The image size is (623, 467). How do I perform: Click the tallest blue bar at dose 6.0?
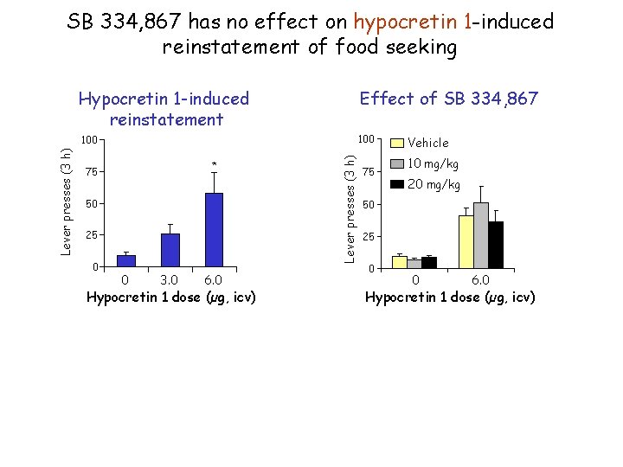pyautogui.click(x=214, y=229)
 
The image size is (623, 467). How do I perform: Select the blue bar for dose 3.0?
pyautogui.click(x=170, y=250)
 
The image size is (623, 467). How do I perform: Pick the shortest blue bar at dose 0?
pyautogui.click(x=126, y=260)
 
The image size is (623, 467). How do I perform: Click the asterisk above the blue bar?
pyautogui.click(x=214, y=163)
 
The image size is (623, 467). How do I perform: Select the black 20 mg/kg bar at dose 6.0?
pyautogui.click(x=495, y=245)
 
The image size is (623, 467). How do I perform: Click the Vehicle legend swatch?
pyautogui.click(x=396, y=143)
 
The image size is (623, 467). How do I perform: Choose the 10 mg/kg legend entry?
pyautogui.click(x=432, y=163)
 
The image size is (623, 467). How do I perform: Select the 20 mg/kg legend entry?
pyautogui.click(x=432, y=184)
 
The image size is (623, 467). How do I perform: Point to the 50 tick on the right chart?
pyautogui.click(x=369, y=205)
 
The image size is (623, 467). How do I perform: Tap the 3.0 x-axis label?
pyautogui.click(x=170, y=280)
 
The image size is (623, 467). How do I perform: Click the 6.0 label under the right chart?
pyautogui.click(x=480, y=280)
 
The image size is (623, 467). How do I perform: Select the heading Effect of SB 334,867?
pyautogui.click(x=448, y=99)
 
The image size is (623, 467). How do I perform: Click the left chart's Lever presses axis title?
pyautogui.click(x=67, y=200)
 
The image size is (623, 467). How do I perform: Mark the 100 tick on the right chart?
pyautogui.click(x=365, y=140)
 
